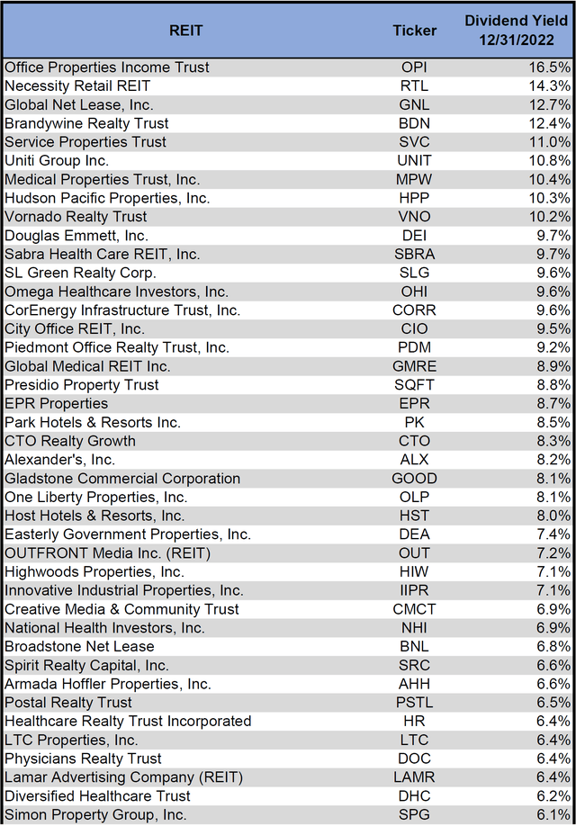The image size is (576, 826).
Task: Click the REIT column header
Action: [x=186, y=30]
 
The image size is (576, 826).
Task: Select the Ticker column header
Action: [x=414, y=30]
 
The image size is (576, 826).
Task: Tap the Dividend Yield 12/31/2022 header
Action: [x=517, y=30]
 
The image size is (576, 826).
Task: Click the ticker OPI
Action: [x=414, y=67]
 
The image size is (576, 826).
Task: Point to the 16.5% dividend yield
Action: [x=550, y=67]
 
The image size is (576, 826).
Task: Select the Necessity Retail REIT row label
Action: [x=77, y=85]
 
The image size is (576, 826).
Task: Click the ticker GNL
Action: [x=414, y=104]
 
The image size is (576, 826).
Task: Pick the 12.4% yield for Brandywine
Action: [x=550, y=123]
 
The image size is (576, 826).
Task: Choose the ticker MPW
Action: [x=414, y=179]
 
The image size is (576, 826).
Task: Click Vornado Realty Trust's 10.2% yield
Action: [x=550, y=217]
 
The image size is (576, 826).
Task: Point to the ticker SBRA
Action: [x=414, y=254]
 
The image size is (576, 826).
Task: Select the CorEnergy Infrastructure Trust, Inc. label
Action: [x=122, y=310]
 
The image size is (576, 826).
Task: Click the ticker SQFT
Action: [x=414, y=385]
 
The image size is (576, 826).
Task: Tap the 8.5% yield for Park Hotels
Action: [x=553, y=422]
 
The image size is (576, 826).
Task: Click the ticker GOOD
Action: [x=414, y=479]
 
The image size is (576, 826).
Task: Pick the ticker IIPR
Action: [x=414, y=590]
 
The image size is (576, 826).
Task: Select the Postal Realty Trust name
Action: [x=68, y=703]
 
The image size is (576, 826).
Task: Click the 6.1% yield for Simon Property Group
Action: [x=553, y=814]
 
